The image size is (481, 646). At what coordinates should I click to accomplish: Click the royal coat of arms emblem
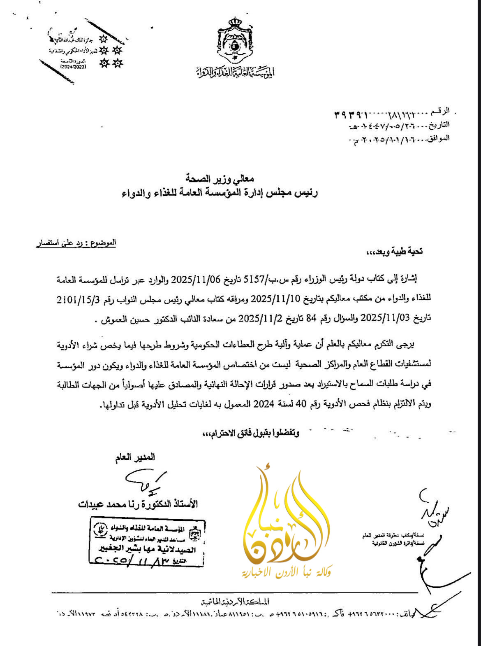click(x=235, y=40)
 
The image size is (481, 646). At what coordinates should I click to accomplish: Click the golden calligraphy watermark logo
click(x=287, y=519)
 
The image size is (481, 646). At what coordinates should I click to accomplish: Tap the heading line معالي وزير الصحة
click(x=220, y=179)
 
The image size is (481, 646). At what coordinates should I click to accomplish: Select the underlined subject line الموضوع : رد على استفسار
click(x=76, y=243)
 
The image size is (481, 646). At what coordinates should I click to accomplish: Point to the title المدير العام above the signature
click(x=136, y=457)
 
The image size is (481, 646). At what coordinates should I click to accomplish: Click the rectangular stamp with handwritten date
click(x=147, y=542)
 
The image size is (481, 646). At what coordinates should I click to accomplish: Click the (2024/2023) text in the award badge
click(x=74, y=66)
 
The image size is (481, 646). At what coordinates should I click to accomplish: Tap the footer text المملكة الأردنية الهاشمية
click(x=235, y=602)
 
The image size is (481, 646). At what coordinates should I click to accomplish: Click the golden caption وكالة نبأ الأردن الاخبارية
click(x=287, y=572)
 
